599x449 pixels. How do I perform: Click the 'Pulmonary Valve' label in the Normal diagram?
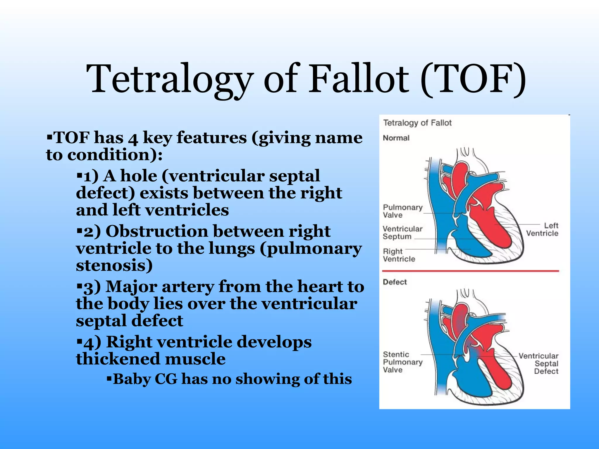402,211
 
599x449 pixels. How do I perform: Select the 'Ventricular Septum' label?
402,232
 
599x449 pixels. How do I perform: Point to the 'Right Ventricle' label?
398,255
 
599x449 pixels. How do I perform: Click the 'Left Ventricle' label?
543,229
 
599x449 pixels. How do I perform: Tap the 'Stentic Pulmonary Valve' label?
402,362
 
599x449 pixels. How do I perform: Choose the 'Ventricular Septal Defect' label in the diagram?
539,363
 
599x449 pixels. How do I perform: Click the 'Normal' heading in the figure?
396,138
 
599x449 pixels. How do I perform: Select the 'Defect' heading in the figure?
395,282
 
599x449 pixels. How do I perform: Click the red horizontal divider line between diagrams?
470,271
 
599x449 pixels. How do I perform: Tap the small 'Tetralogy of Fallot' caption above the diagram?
417,123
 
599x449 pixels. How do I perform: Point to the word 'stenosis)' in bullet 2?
114,265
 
